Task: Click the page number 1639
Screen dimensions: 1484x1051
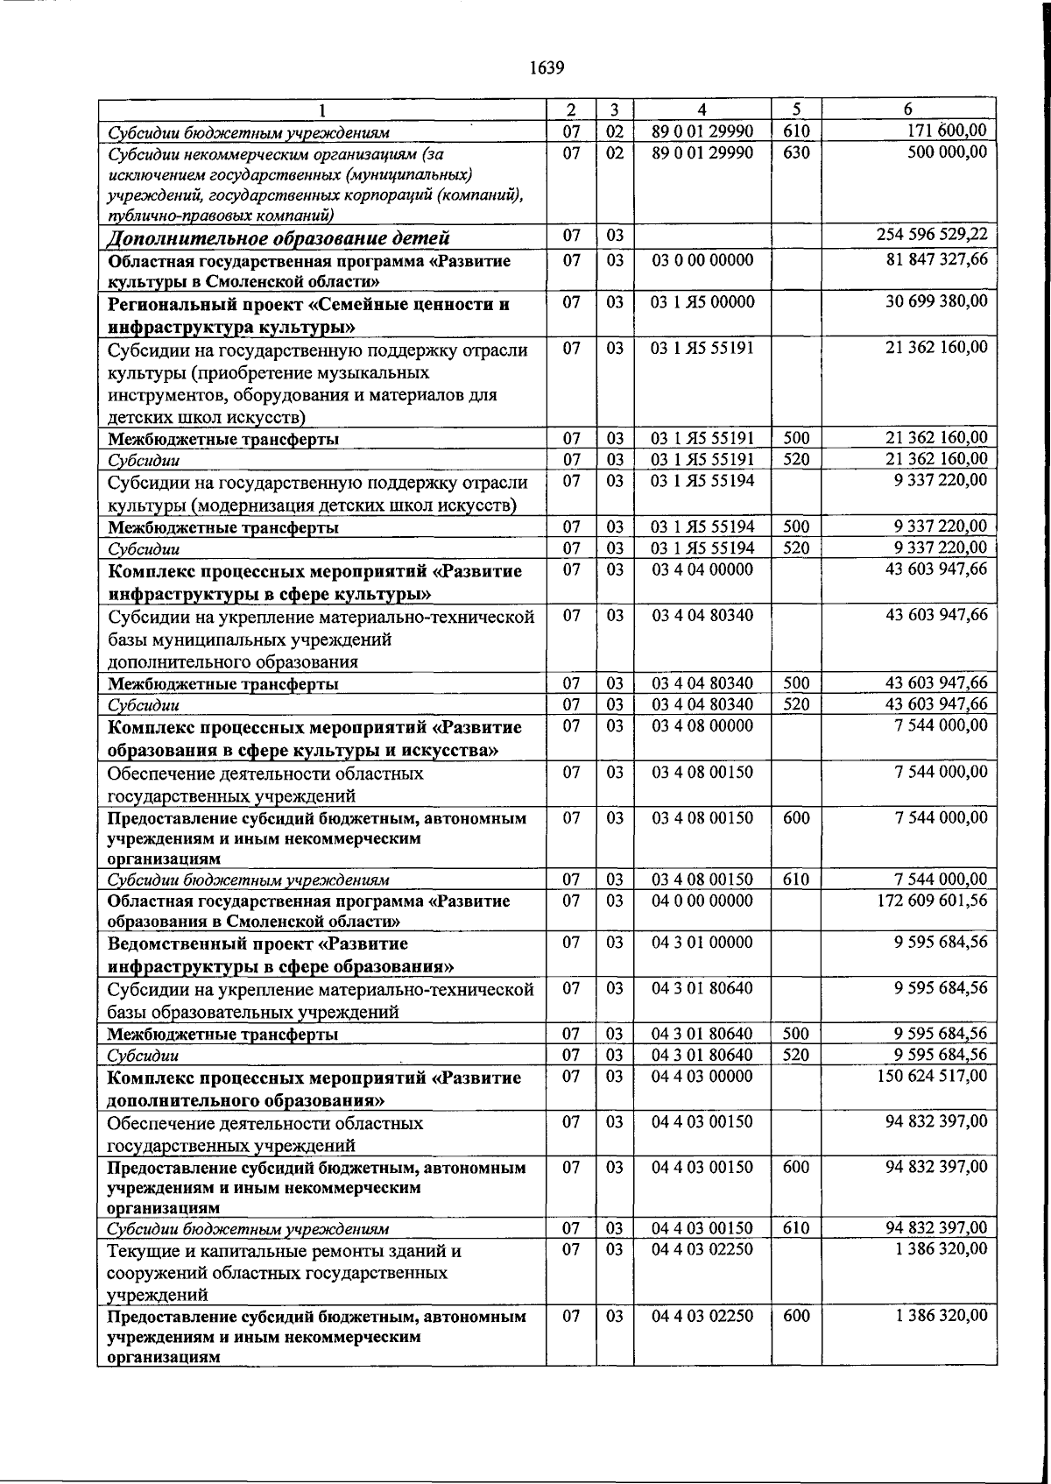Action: tap(547, 68)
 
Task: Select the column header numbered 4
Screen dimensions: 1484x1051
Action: tap(702, 110)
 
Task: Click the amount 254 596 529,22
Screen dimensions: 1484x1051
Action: tap(932, 235)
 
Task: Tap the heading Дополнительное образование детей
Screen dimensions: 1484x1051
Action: tap(279, 238)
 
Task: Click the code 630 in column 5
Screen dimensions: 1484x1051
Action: tap(795, 152)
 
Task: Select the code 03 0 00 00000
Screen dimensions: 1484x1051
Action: tap(702, 260)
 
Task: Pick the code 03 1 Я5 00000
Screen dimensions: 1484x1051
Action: tap(702, 302)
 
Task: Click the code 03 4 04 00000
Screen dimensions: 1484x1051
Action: tap(702, 570)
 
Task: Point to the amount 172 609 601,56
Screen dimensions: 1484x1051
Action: tap(932, 901)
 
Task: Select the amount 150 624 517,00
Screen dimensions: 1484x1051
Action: tap(932, 1076)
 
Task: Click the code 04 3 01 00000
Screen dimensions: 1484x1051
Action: tap(702, 943)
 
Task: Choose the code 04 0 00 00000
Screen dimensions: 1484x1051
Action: tap(702, 901)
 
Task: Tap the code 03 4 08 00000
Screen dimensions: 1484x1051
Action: tap(702, 726)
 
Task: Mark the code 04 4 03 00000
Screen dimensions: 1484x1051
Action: tap(702, 1076)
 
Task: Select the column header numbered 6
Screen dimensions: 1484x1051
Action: tap(908, 110)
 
